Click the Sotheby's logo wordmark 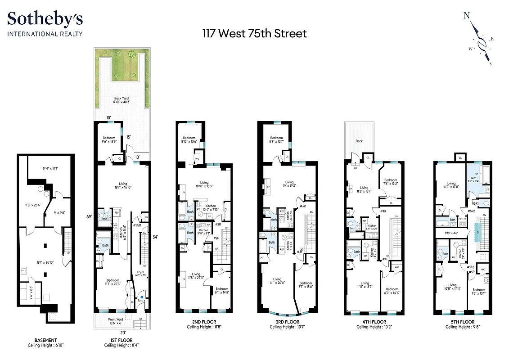(45, 19)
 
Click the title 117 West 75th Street (254, 33)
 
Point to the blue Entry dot (142, 297)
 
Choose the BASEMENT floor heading (45, 340)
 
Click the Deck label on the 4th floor (359, 141)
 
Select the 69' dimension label (90, 216)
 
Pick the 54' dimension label (155, 237)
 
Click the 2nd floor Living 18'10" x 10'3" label (204, 184)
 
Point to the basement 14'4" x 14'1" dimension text (50, 168)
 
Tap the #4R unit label (383, 211)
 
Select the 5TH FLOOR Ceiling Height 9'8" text (460, 327)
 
